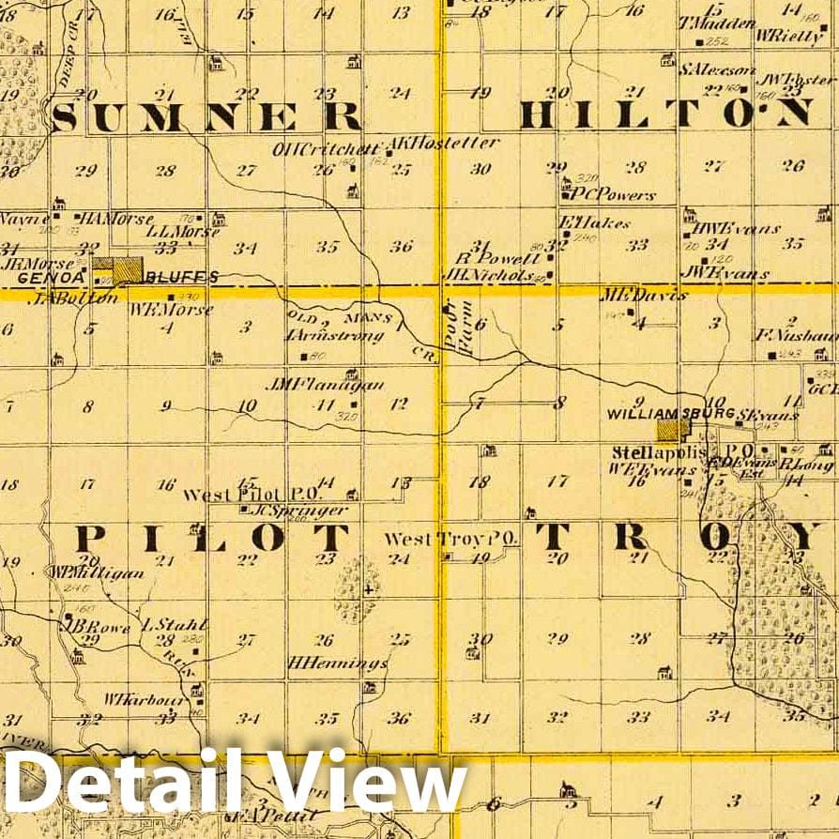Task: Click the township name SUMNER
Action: coord(206,116)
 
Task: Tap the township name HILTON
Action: coord(665,114)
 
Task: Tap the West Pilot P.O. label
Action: coord(252,495)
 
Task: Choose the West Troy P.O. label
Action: coord(451,540)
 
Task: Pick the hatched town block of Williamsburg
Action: coord(672,431)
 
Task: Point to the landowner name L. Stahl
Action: coord(160,623)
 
